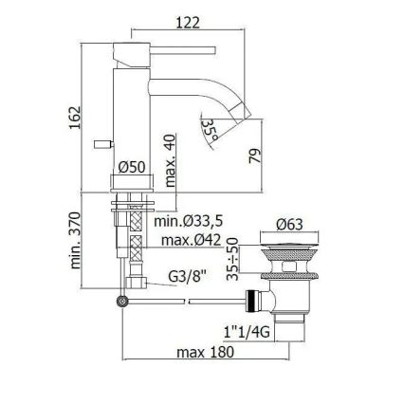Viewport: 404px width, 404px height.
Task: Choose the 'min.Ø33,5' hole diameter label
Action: click(190, 221)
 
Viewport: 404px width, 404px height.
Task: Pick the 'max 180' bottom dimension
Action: click(205, 354)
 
